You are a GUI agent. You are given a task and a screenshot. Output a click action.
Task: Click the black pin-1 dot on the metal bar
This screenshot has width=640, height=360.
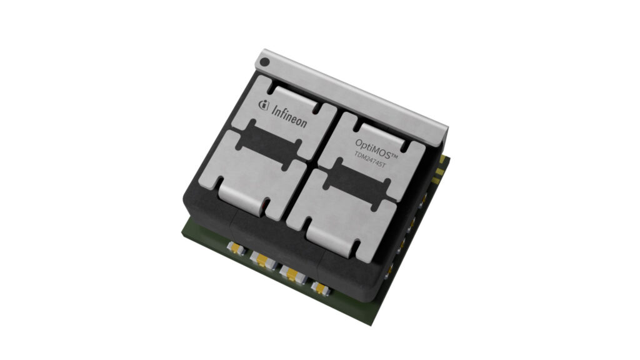tap(265, 62)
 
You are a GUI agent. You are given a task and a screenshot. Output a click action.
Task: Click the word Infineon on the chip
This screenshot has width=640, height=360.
tap(289, 117)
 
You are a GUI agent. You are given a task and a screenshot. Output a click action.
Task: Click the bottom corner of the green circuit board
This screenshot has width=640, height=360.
tap(372, 322)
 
